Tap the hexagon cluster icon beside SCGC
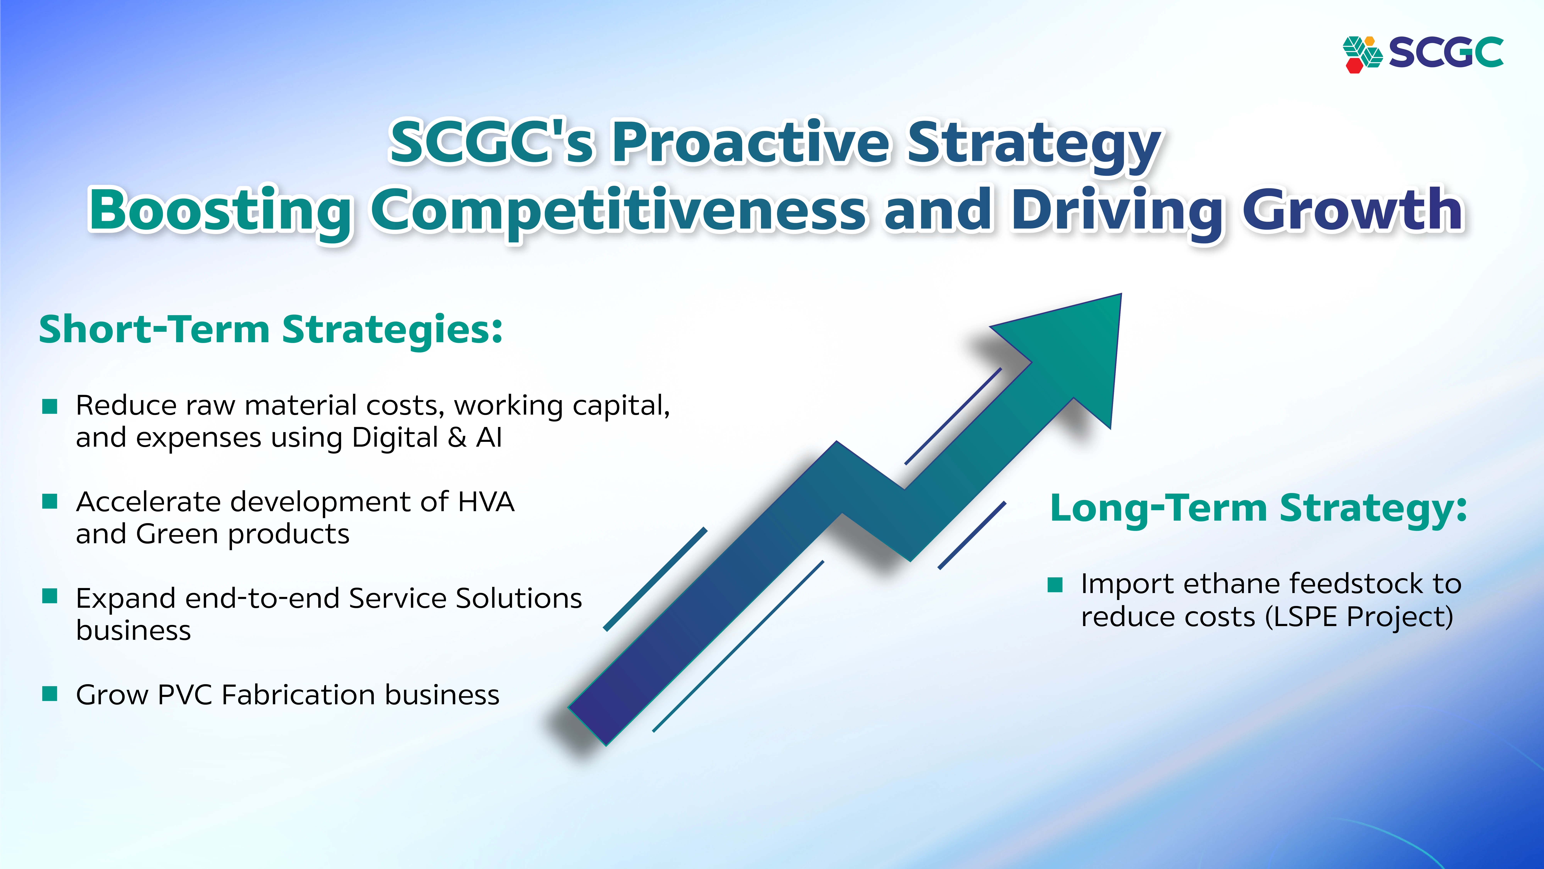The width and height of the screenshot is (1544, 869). (1362, 54)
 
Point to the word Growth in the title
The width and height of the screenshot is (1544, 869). (1353, 210)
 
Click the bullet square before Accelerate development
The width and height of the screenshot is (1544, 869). (50, 501)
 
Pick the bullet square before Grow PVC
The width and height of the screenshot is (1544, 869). (50, 694)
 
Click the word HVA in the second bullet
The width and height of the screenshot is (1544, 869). (486, 502)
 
